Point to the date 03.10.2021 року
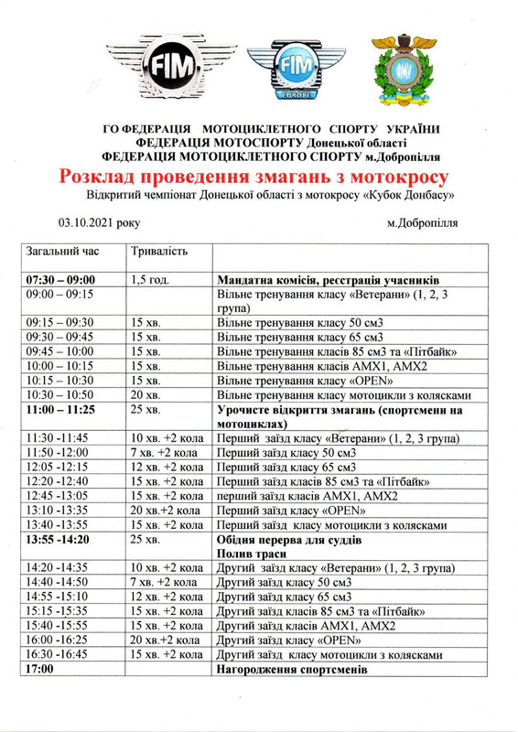point(99,221)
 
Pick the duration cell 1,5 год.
point(151,279)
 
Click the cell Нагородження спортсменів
point(292,670)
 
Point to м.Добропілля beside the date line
point(422,221)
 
